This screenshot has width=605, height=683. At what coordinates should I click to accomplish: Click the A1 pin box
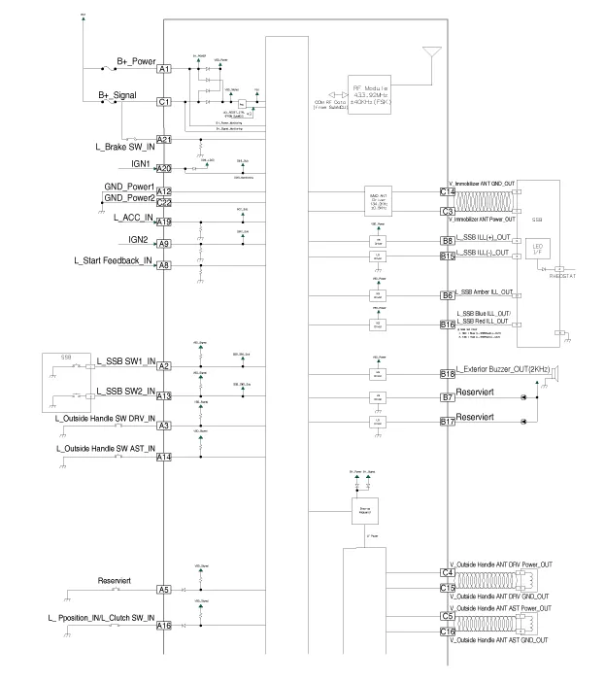pos(164,69)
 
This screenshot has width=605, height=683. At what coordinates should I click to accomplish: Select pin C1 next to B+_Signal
pos(164,101)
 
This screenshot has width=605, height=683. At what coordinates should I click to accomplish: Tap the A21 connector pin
pos(164,140)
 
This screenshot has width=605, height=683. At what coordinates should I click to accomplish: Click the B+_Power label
pos(136,59)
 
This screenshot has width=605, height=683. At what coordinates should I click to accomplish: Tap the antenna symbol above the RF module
pos(432,51)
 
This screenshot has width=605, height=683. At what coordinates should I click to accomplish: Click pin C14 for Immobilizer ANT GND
pos(448,192)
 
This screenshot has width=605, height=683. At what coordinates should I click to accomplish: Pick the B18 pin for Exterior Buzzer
pos(448,373)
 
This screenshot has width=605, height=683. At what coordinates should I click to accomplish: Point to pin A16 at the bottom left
pos(164,627)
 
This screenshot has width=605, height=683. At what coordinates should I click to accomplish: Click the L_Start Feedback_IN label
pos(113,260)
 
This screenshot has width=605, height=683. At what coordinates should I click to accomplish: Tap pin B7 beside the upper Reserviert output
pos(448,397)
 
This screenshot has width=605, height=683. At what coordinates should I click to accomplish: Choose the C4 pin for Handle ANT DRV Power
pos(448,572)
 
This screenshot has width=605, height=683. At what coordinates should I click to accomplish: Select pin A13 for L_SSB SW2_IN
pos(164,396)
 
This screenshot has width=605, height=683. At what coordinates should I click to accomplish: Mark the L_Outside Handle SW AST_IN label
pos(101,448)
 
